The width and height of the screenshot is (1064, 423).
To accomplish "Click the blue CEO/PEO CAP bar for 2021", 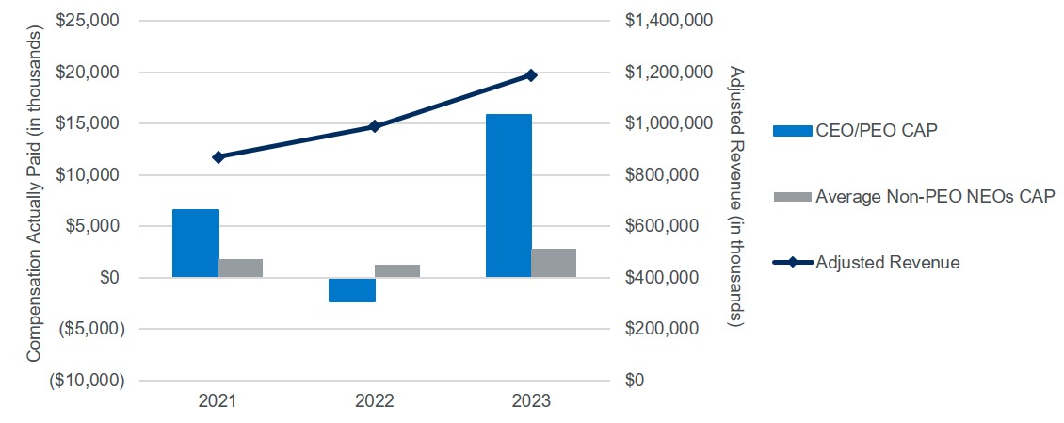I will (x=195, y=243).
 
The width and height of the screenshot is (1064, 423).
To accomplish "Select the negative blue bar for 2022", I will (x=352, y=290).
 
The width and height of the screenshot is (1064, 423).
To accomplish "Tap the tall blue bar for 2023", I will (x=508, y=196).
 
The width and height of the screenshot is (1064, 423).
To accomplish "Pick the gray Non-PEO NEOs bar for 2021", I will (x=240, y=268).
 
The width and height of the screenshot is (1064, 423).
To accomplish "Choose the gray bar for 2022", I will (x=397, y=271).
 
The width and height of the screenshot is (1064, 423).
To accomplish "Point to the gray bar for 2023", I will (x=554, y=263).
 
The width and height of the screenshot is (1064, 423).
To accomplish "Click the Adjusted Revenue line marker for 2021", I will (x=218, y=156).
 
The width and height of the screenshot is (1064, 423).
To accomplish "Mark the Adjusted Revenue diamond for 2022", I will (x=375, y=126).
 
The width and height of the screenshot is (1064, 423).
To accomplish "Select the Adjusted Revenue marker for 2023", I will (x=531, y=75).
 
